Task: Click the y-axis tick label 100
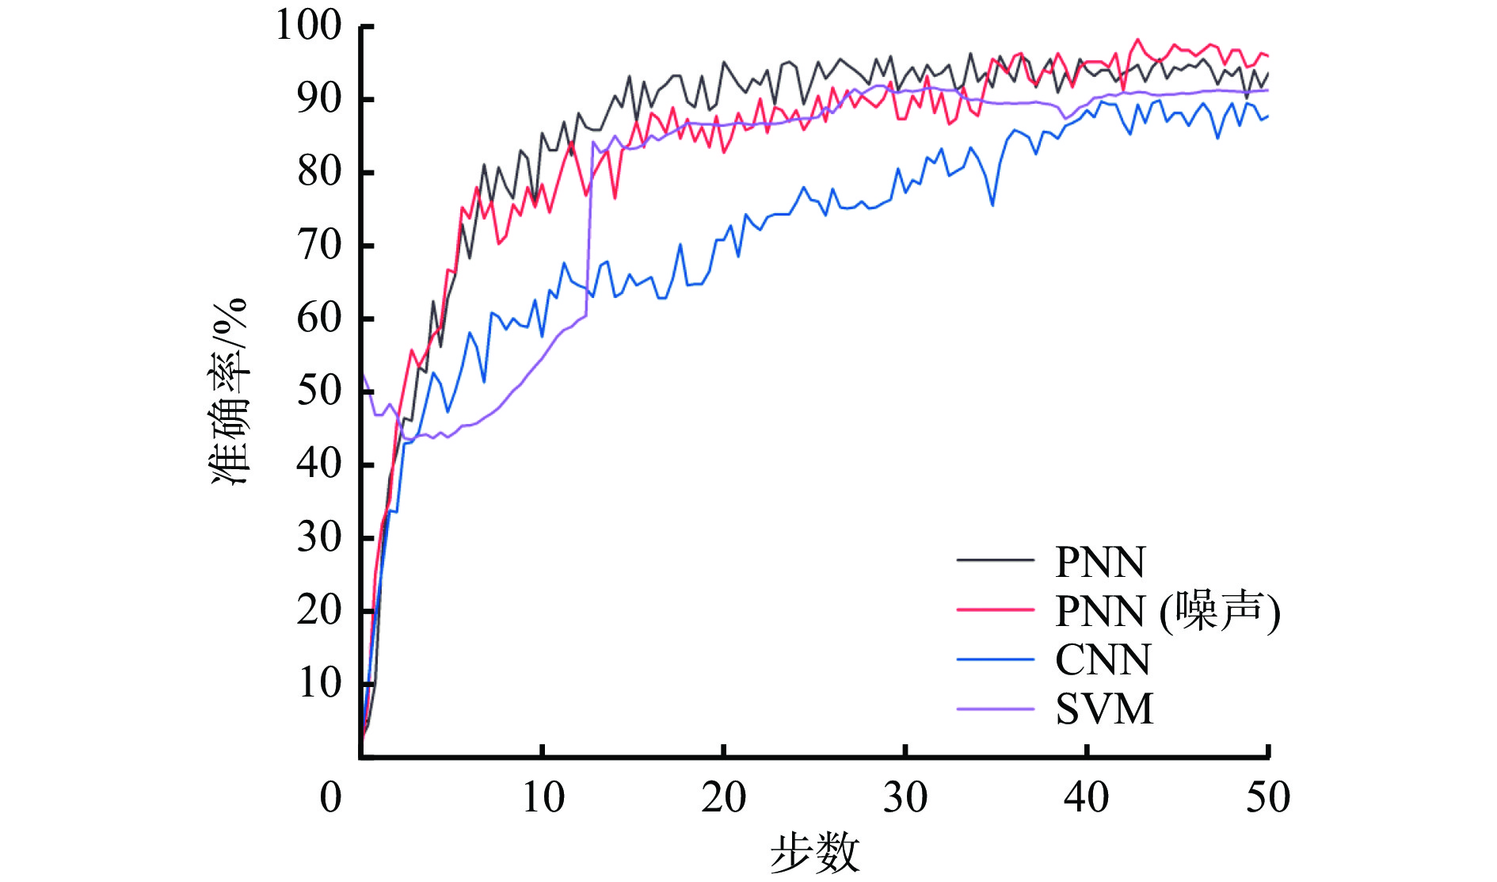point(308,25)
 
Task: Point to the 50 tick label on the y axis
point(319,391)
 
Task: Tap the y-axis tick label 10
point(319,683)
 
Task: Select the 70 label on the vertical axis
point(319,245)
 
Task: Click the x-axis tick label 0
point(331,797)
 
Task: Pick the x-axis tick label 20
point(723,797)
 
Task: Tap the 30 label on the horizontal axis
point(905,797)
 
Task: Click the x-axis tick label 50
point(1267,797)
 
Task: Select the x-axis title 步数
point(814,853)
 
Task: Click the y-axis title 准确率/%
point(230,391)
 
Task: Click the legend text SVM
point(1104,708)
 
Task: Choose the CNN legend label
point(1103,660)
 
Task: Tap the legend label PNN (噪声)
point(1168,611)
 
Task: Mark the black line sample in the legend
point(996,560)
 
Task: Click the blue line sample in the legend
point(996,659)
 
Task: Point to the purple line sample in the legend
point(996,708)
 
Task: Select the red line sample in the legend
point(996,609)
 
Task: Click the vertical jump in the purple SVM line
point(589,230)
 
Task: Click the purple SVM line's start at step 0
point(363,374)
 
